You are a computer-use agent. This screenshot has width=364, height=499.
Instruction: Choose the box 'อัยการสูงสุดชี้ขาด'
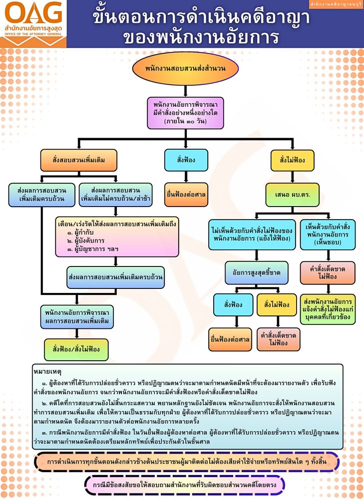click(x=256, y=272)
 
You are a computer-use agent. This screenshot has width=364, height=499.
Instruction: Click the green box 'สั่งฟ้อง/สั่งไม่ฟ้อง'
click(x=76, y=348)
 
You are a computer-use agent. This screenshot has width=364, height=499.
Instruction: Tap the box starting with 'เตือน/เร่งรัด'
click(x=117, y=236)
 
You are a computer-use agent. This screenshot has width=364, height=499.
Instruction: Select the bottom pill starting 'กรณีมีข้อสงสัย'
click(x=185, y=484)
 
